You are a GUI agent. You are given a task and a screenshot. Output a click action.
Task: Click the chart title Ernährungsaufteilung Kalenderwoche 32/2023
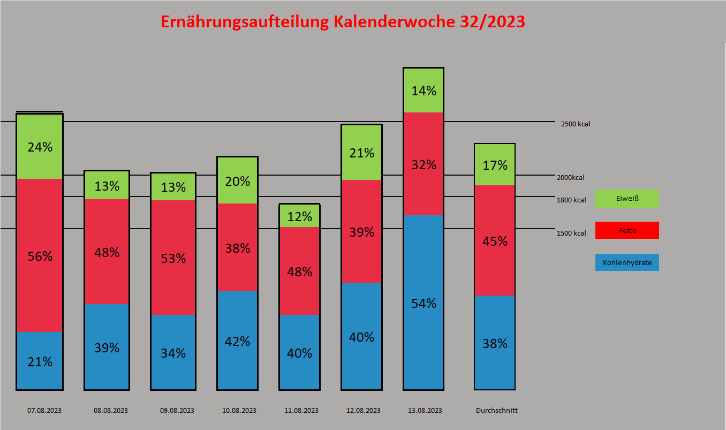[x=343, y=22]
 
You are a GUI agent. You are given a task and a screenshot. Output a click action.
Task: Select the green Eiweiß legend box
[x=627, y=198]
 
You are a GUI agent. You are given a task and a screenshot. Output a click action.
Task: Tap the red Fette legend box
[x=627, y=230]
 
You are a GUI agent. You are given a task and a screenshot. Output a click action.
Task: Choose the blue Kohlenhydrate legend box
[x=627, y=262]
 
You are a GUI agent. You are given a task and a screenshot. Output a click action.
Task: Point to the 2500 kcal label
[x=576, y=124]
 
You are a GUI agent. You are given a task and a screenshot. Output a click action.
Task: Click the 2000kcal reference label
[x=571, y=178]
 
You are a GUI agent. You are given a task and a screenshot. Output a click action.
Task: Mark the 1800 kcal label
[x=571, y=200]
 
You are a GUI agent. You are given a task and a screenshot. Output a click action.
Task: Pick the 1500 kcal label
[x=571, y=233]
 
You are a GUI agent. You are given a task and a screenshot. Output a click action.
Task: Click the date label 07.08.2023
[x=44, y=411]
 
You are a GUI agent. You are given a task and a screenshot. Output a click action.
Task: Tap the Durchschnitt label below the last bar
[x=497, y=411]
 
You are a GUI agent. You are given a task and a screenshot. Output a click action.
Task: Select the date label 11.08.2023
[x=301, y=411]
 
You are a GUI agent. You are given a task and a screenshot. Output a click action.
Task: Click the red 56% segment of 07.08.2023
[x=40, y=255]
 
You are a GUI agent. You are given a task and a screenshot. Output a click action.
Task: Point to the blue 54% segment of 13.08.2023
[x=424, y=303]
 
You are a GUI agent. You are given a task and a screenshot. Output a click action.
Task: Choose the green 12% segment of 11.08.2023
[x=299, y=216]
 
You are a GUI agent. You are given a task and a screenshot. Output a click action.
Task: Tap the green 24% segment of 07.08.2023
[x=40, y=146]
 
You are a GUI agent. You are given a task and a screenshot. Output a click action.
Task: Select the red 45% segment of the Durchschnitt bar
[x=495, y=240]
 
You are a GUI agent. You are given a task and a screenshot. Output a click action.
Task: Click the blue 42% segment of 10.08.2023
[x=237, y=341]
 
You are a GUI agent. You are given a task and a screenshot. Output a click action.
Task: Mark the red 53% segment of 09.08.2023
[x=173, y=258]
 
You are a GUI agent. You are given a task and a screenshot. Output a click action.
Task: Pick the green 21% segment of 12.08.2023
[x=361, y=153]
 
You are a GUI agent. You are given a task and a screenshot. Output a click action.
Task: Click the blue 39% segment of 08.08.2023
[x=107, y=347]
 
